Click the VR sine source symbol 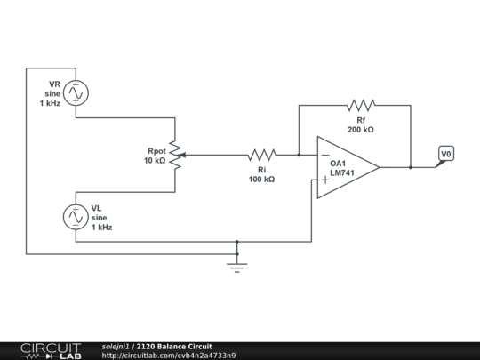[x=75, y=92]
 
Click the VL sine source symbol [x=75, y=216]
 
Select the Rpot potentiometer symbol [x=176, y=155]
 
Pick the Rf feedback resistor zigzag [x=361, y=105]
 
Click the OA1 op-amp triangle [x=347, y=167]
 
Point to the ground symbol [x=236, y=265]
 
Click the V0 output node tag [x=446, y=155]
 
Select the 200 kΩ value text [x=360, y=130]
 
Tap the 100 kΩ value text [x=261, y=180]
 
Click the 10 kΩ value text [x=155, y=161]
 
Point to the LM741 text [x=343, y=173]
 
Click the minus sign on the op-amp [x=325, y=155]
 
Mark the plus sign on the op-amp [x=325, y=180]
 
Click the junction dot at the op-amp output [x=411, y=167]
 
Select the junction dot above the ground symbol [x=236, y=241]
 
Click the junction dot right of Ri [x=299, y=155]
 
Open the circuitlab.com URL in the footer [x=169, y=356]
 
